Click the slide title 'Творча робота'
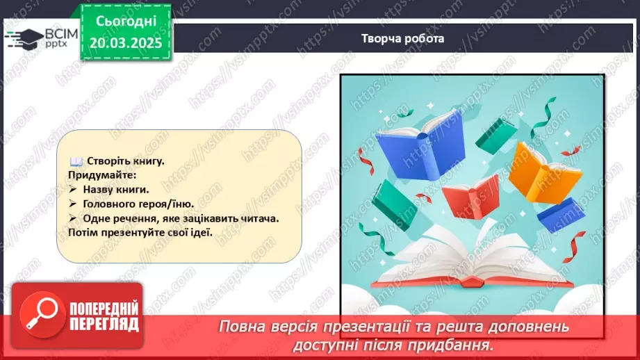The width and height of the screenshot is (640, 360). coord(402,39)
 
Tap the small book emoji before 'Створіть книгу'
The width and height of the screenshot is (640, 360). coord(76,161)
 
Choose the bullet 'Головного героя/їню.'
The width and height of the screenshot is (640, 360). coord(136,204)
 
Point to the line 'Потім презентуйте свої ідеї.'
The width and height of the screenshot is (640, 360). coord(140,233)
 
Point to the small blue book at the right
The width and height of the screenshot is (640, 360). coord(560,213)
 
